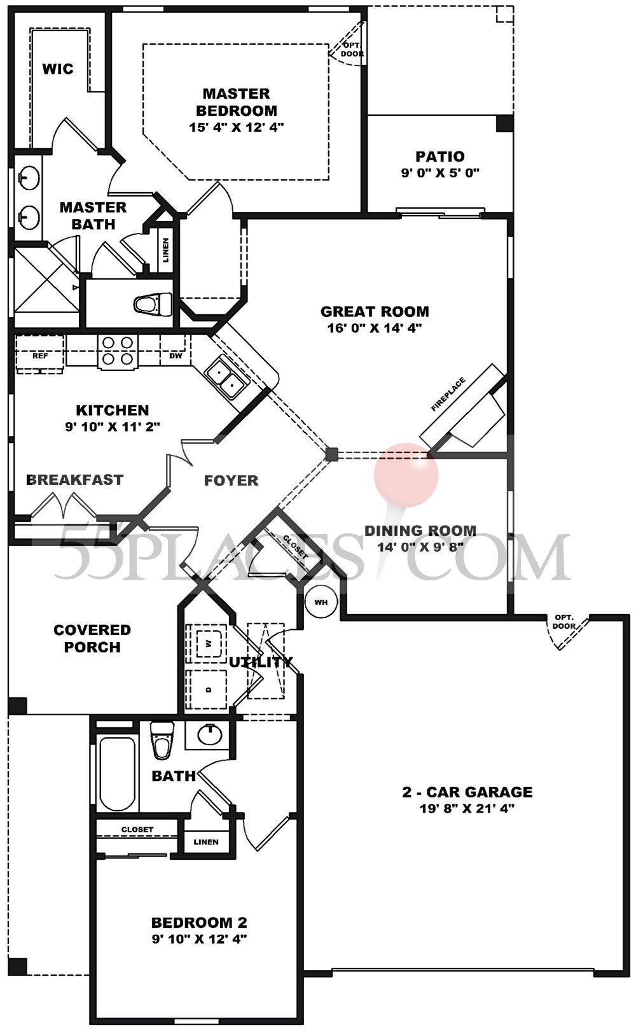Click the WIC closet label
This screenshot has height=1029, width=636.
coord(58,69)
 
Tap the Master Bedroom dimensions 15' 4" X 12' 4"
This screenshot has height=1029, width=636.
coord(236,127)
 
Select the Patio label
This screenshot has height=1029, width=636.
coord(440,156)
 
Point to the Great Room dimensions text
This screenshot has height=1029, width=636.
coord(375,328)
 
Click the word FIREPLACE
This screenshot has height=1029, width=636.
coord(448,395)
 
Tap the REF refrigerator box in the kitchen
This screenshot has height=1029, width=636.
coord(39,355)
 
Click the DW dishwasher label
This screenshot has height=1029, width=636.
coord(176,355)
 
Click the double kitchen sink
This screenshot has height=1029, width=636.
coord(226,377)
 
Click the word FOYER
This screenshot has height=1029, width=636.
coord(231,480)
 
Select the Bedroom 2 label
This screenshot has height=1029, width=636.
coord(199,922)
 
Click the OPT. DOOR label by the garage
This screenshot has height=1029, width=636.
coord(564,622)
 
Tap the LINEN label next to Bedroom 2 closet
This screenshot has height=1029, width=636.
coord(206,842)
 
